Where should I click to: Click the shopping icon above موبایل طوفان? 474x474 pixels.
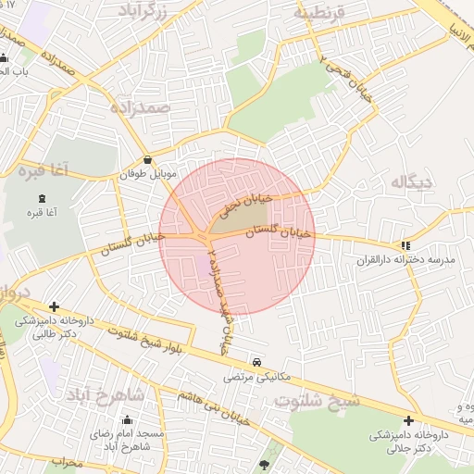click(148, 159)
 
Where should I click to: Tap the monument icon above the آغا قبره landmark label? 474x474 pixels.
click(42, 198)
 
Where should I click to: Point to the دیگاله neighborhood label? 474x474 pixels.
click(412, 181)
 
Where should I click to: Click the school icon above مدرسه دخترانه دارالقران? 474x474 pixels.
click(405, 245)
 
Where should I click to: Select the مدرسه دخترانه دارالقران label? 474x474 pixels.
click(407, 261)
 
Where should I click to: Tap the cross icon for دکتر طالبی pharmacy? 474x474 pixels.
click(55, 306)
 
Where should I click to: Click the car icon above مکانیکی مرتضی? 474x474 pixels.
click(256, 362)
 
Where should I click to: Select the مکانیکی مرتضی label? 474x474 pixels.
click(257, 378)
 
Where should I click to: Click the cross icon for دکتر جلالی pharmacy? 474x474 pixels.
click(408, 419)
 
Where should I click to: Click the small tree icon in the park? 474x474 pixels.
click(267, 464)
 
